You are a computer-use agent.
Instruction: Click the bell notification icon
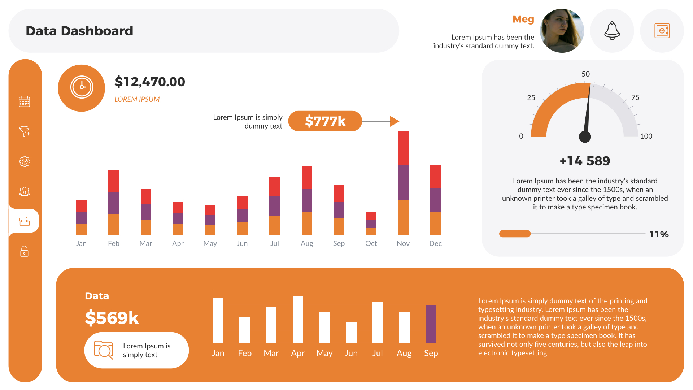click(x=612, y=31)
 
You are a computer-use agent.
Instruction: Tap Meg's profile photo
click(x=562, y=31)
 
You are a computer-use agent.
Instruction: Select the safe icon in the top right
click(x=662, y=31)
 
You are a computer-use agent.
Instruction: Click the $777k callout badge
click(x=325, y=121)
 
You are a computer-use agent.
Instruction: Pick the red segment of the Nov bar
click(x=403, y=148)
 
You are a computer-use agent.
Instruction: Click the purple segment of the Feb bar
click(x=113, y=203)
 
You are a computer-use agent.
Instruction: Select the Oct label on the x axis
click(x=371, y=243)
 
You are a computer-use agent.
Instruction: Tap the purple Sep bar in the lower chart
click(x=431, y=324)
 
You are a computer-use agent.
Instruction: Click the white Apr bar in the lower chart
click(x=298, y=320)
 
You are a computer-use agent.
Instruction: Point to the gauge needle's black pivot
click(x=585, y=137)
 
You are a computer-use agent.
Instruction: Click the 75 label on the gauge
click(x=635, y=97)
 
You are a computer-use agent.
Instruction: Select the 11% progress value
click(x=659, y=234)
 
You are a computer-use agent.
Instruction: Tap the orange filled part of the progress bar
click(x=515, y=234)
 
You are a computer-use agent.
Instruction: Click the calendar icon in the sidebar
click(x=25, y=101)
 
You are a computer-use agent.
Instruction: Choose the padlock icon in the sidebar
click(x=25, y=251)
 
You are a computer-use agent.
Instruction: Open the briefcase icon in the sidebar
click(x=25, y=221)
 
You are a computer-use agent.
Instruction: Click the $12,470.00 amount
click(x=149, y=82)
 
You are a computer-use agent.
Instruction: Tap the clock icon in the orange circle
click(x=82, y=87)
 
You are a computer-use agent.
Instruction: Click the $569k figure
click(x=112, y=318)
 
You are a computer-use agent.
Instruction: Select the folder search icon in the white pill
click(x=103, y=350)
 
